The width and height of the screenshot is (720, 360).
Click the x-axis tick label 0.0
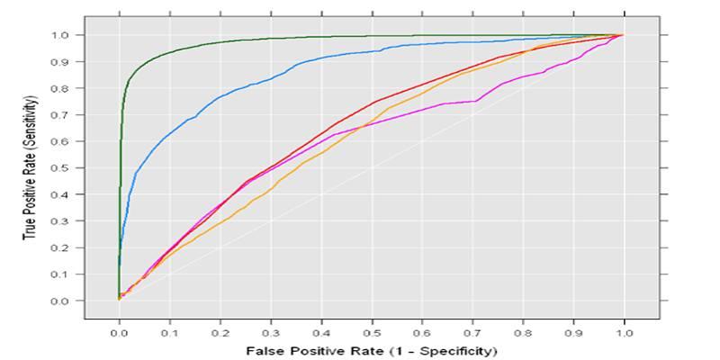coord(119,333)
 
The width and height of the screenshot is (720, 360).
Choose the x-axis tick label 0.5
coord(372,333)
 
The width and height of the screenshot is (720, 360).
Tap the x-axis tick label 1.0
coord(624,333)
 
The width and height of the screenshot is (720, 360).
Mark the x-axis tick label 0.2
coord(220,333)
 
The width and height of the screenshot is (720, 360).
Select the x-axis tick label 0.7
coord(472,333)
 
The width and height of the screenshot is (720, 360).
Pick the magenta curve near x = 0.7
coord(472,101)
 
